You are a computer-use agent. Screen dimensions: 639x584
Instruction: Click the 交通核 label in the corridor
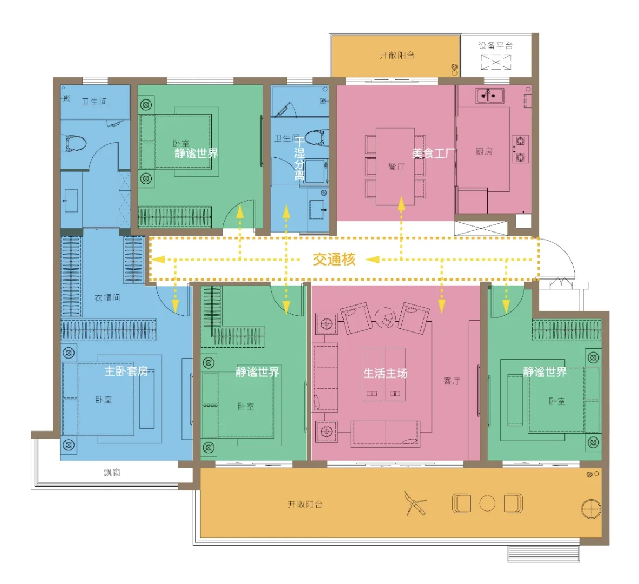334,259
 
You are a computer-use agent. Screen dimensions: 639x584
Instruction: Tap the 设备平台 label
495,45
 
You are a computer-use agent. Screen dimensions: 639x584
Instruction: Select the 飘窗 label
112,472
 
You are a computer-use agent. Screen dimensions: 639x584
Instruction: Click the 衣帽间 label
107,297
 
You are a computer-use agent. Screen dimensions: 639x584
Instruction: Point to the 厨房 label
484,151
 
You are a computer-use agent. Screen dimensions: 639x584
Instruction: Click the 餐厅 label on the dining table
396,166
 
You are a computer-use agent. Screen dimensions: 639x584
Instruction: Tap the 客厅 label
452,381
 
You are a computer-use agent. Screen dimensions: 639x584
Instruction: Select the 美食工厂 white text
434,154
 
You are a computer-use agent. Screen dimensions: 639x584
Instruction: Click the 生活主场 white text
385,373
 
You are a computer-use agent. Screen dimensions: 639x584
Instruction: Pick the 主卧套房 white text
126,371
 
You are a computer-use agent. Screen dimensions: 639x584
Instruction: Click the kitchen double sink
490,96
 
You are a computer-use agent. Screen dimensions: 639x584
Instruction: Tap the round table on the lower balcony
487,503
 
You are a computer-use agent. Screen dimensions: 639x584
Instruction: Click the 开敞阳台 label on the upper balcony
398,55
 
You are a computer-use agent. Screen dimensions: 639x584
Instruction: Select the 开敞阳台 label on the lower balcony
305,505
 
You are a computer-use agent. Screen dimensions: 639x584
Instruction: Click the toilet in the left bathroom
76,143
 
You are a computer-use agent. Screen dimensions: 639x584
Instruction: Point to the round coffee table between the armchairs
386,317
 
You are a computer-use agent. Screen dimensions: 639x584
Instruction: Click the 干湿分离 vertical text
300,159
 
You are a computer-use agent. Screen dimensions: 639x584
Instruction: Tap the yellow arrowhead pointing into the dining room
401,204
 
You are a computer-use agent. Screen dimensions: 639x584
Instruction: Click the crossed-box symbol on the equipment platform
496,62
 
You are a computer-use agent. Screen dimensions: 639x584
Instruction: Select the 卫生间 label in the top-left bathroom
95,102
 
